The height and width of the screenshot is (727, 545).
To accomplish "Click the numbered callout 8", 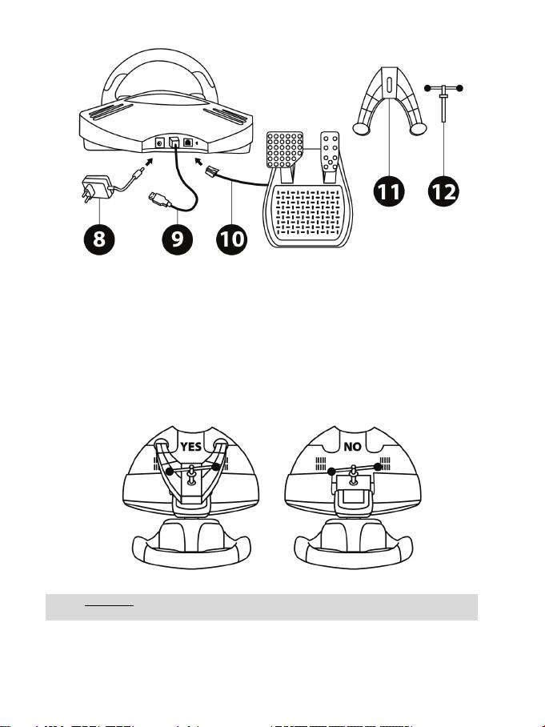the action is [99, 239].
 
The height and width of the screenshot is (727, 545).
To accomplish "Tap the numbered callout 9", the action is [178, 239].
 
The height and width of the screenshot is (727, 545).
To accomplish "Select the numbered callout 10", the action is [232, 239].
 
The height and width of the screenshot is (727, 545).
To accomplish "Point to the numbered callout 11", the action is [389, 191].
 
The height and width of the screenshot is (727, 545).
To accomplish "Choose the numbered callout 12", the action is [443, 191].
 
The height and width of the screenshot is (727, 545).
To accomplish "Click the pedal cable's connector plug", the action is [211, 172].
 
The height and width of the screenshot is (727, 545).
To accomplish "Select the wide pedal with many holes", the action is [285, 149].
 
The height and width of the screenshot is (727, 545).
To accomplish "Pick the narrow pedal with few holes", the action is [330, 151].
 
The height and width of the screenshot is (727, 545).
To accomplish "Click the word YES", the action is [191, 447].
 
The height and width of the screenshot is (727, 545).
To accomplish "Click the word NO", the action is [353, 447].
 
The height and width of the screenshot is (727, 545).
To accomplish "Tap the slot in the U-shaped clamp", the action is [389, 85].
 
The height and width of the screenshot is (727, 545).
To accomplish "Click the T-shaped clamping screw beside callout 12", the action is [443, 103].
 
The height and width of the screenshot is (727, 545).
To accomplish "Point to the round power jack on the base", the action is [160, 143].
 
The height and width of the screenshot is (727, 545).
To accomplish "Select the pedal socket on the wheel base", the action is [188, 143].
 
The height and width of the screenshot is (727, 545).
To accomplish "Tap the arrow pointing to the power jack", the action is [148, 163].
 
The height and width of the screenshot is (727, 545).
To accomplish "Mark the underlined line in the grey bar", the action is [109, 605].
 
